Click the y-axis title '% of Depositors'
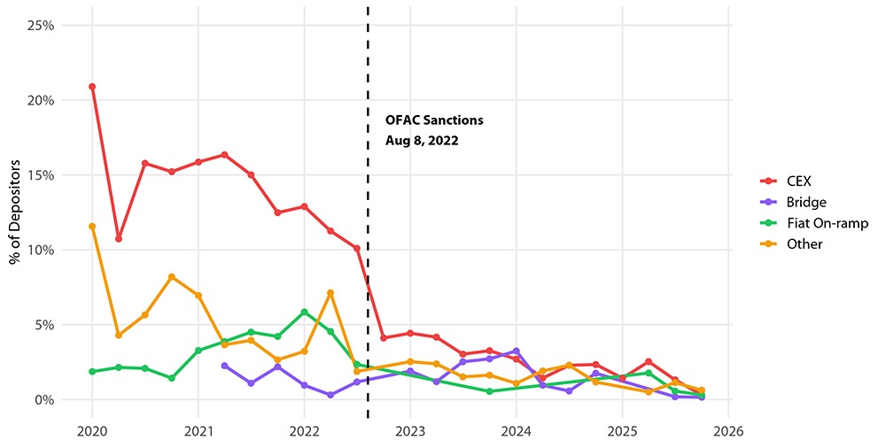[15, 212]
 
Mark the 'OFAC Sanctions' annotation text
[434, 120]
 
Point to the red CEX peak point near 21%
[92, 87]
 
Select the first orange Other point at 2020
[92, 227]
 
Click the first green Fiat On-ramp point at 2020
[92, 372]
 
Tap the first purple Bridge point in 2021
[224, 366]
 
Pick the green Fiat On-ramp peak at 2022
[304, 312]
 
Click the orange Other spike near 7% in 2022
[330, 293]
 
